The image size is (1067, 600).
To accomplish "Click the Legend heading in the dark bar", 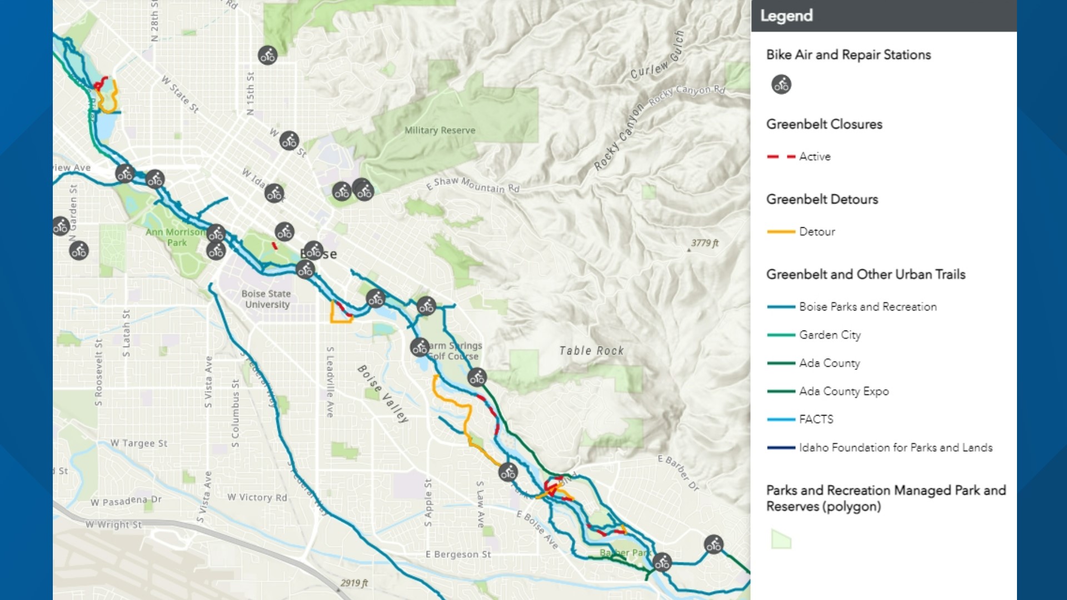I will click(x=786, y=16).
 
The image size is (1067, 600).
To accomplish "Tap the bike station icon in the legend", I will click(x=781, y=84).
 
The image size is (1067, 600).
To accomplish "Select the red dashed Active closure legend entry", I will click(x=798, y=157).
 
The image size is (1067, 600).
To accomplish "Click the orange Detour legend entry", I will click(x=800, y=232).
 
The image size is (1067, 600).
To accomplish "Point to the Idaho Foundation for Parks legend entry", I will click(x=879, y=448).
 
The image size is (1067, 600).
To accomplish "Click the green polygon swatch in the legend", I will click(x=781, y=539).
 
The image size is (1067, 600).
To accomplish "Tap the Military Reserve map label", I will click(x=440, y=131).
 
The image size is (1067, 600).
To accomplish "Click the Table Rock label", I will click(x=591, y=351).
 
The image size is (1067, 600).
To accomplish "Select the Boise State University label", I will click(x=267, y=299).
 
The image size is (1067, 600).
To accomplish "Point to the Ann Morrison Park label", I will click(x=176, y=237).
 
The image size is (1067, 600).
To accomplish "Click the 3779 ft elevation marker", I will click(x=704, y=243).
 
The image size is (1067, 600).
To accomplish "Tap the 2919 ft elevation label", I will click(x=354, y=583).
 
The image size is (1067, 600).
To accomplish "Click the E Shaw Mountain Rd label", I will click(x=472, y=185).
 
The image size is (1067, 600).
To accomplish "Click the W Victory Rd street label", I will click(x=257, y=497).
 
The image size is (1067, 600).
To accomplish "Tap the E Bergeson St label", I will click(x=458, y=554).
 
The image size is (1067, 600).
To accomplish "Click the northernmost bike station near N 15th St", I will click(x=267, y=55).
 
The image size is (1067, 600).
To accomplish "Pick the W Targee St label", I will click(x=138, y=443).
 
